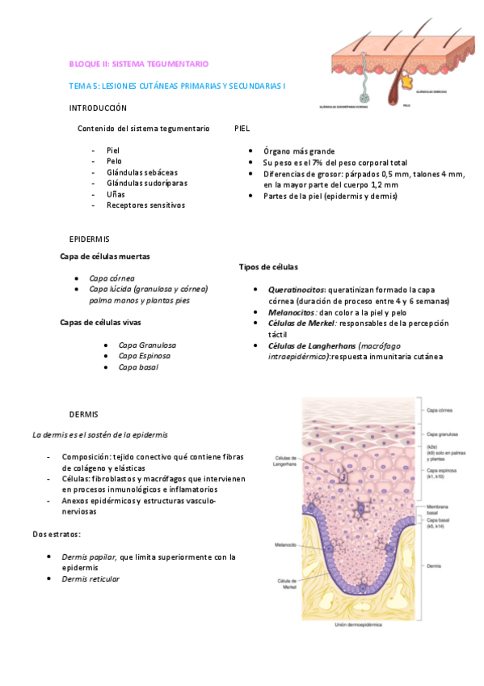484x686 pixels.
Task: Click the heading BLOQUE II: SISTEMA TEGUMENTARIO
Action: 138,63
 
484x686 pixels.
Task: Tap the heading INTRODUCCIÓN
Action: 98,108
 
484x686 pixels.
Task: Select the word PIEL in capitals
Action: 242,129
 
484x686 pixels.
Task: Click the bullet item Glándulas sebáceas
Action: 142,172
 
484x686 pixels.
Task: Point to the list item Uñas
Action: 116,194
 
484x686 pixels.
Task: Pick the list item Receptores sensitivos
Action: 145,205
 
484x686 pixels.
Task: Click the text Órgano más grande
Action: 298,151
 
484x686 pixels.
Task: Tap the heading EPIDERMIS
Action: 89,239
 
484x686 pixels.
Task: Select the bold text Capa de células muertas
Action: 104,256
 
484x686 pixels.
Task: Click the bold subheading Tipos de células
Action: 268,267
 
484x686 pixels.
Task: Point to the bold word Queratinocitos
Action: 296,289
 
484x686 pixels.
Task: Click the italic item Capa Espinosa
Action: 146,356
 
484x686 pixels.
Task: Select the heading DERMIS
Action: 83,414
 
